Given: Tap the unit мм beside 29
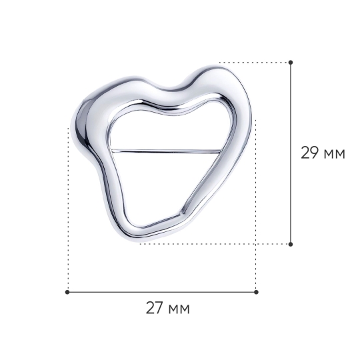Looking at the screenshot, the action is click(334, 155).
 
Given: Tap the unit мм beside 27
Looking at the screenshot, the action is click(179, 310).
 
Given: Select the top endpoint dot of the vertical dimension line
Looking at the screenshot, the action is click(291, 62).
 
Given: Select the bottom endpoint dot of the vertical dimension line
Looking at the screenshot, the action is click(291, 244).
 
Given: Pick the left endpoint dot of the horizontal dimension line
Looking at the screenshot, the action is click(67, 292).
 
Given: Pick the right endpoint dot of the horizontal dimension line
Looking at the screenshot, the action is click(256, 292).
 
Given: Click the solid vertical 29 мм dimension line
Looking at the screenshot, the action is click(291, 153).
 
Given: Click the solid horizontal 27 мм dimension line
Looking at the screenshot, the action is click(161, 292).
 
